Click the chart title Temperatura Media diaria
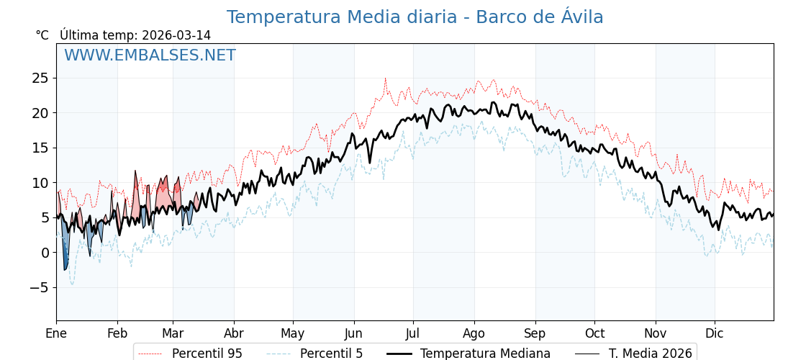(415, 17)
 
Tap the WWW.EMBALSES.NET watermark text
(150, 55)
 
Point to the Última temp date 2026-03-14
(176, 35)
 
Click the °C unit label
(42, 35)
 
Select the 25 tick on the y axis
(40, 78)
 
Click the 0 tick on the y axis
(45, 253)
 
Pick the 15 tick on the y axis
(40, 148)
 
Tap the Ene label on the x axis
(56, 333)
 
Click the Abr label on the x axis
(234, 333)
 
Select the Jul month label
(413, 333)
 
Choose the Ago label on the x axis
(474, 333)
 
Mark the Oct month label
(594, 333)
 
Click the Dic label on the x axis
(715, 333)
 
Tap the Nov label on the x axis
(656, 333)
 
